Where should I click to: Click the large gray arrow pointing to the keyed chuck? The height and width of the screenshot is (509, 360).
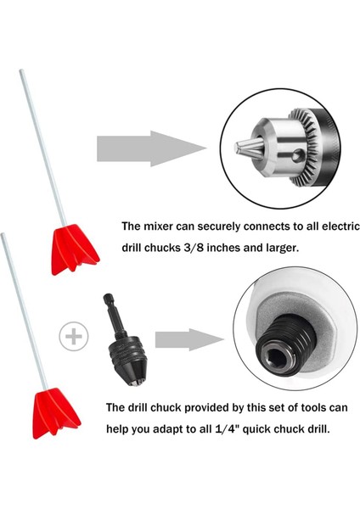151,148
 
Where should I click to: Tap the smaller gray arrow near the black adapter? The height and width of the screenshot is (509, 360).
189,339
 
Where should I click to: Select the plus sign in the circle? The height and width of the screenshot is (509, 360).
74,336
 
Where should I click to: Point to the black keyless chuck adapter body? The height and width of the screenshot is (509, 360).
127,361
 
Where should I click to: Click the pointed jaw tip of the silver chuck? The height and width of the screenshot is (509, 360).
248,148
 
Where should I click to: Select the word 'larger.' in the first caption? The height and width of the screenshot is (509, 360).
282,249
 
